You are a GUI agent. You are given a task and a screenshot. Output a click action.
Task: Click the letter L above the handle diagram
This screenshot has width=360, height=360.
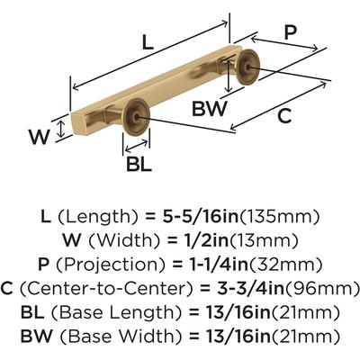148,41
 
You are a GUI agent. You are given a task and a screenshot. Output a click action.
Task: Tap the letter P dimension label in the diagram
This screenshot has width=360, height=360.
290,32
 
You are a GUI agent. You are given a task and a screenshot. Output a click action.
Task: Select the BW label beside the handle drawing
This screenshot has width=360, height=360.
210,109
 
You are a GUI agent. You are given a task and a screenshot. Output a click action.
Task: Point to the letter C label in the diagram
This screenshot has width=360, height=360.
284,116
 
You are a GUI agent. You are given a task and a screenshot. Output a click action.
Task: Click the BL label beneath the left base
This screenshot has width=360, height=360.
139,164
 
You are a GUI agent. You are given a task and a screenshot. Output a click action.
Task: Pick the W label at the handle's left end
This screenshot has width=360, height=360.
39,137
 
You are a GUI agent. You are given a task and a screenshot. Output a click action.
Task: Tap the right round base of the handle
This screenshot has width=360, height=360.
247,67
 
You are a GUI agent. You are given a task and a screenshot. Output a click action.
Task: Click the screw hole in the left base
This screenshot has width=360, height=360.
137,117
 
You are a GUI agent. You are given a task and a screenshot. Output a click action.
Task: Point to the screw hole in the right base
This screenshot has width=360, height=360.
247,67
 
